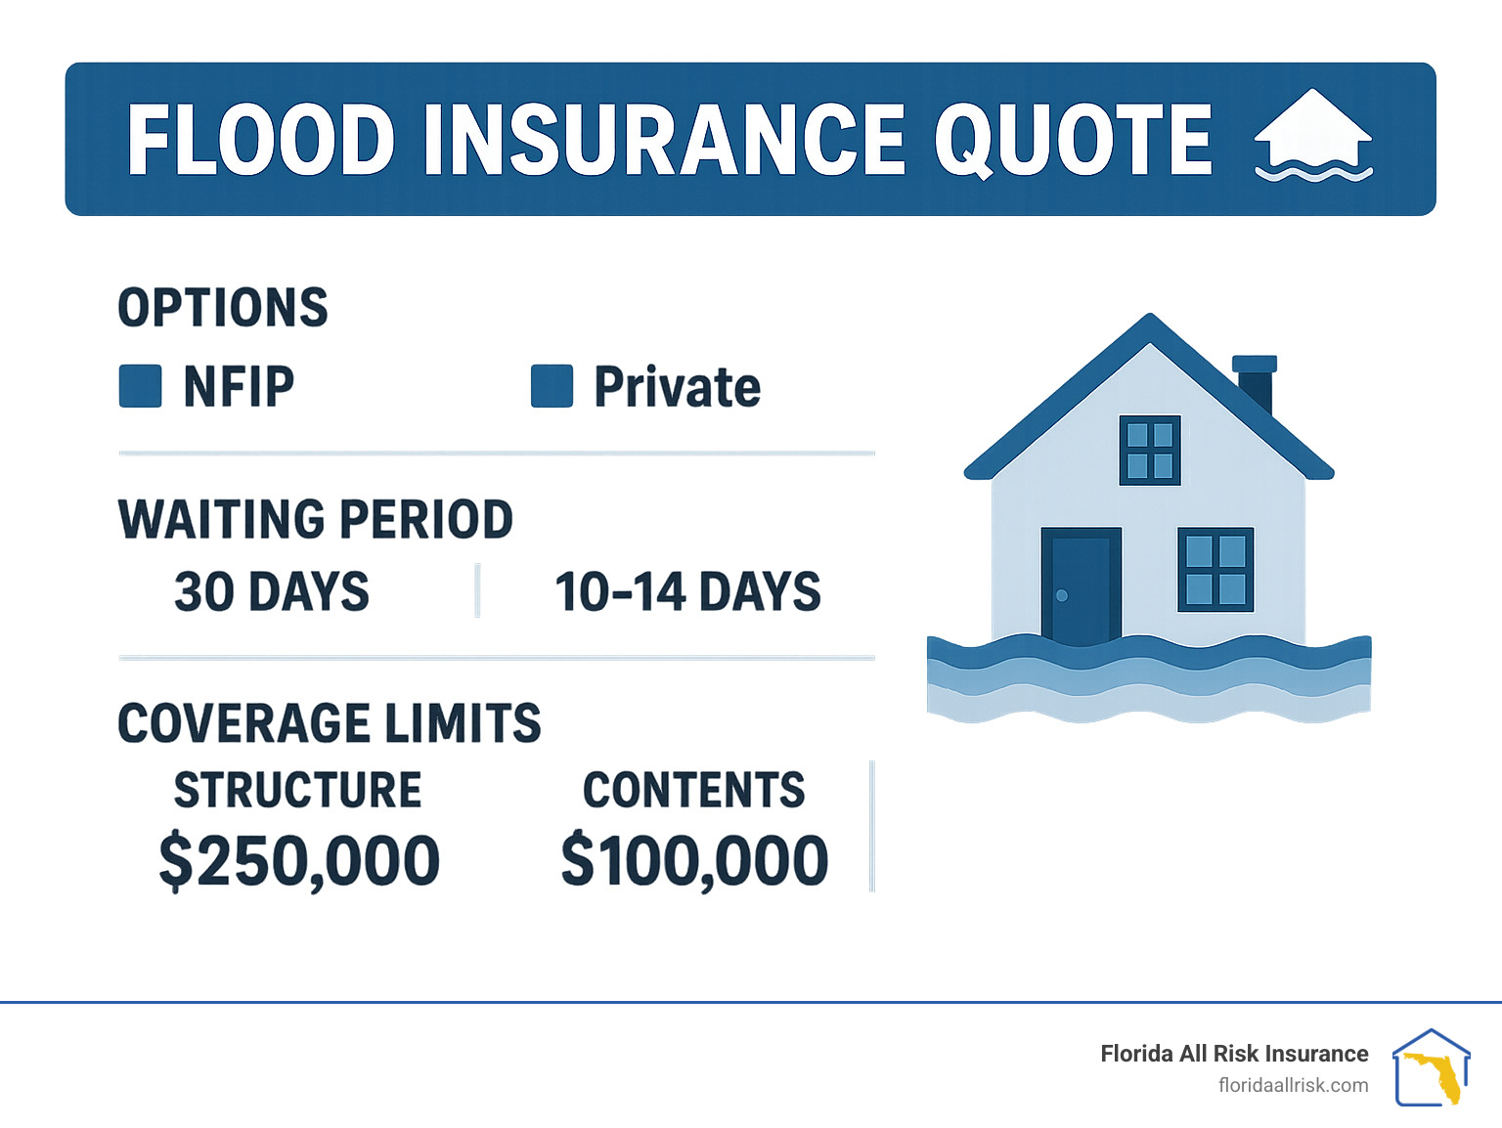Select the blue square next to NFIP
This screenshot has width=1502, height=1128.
tap(140, 386)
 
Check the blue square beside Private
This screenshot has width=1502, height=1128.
tap(552, 386)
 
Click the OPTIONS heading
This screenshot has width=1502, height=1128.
tap(223, 308)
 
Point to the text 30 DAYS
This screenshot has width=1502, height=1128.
tap(272, 592)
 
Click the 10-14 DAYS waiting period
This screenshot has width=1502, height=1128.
tap(687, 592)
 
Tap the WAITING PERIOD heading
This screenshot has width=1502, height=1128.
tap(315, 519)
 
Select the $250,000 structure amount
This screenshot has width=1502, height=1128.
tap(299, 861)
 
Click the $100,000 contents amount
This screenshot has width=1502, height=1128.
tap(694, 861)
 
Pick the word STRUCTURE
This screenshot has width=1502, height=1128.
tap(297, 790)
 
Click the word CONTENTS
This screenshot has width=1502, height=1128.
tap(693, 790)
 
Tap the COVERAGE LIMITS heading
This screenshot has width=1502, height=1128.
tap(329, 723)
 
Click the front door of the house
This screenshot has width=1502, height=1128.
tap(1081, 586)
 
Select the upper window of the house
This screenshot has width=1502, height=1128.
tap(1149, 450)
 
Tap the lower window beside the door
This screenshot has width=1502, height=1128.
tap(1215, 570)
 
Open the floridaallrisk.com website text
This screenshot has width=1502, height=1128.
tap(1293, 1085)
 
